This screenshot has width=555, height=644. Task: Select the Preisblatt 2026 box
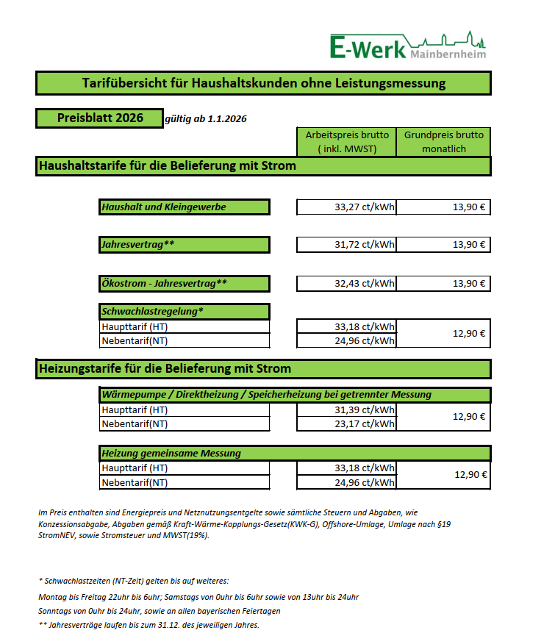click(99, 118)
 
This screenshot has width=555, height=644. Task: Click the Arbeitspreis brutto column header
click(346, 142)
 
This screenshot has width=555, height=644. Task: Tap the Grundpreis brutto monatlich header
click(443, 142)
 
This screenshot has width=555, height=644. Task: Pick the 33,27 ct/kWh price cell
click(346, 207)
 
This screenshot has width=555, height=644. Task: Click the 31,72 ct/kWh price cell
click(346, 244)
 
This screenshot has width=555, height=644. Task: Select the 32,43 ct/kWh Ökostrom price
click(346, 284)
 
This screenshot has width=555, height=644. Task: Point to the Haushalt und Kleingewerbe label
click(185, 207)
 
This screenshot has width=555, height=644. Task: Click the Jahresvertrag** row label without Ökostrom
click(185, 244)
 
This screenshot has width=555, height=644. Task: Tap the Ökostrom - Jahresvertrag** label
click(185, 284)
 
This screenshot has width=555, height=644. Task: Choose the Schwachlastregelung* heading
click(185, 311)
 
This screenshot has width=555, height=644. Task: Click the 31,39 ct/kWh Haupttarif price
click(346, 409)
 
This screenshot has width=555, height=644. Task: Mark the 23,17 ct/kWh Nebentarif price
click(346, 423)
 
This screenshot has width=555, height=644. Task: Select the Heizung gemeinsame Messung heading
click(294, 453)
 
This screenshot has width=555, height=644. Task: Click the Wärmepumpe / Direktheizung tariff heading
click(294, 395)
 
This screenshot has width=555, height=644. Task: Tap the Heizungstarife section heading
click(263, 368)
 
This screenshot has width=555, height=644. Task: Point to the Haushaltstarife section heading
click(263, 166)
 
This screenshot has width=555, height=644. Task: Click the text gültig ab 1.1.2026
click(206, 119)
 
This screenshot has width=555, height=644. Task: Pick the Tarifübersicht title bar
click(263, 84)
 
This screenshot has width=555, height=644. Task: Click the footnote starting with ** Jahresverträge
click(148, 625)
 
